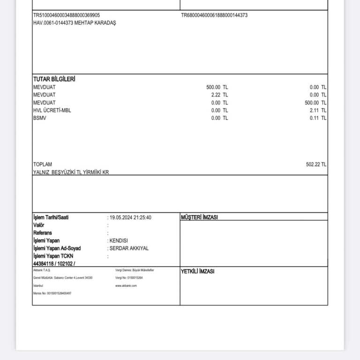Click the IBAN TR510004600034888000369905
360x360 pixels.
click(x=66, y=15)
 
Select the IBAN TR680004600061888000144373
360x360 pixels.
click(x=214, y=15)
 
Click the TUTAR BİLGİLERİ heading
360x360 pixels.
click(x=54, y=79)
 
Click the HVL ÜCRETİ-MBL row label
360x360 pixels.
click(x=52, y=110)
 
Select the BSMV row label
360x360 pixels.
click(x=40, y=118)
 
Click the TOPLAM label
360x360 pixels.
click(x=43, y=165)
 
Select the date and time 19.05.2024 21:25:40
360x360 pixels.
click(x=130, y=217)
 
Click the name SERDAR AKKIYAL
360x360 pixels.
click(x=129, y=248)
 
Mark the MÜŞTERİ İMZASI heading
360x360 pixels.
click(x=199, y=217)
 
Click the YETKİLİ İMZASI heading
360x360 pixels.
click(x=197, y=271)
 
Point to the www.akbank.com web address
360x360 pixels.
click(x=126, y=285)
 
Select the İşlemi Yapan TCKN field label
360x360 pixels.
click(x=53, y=256)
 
